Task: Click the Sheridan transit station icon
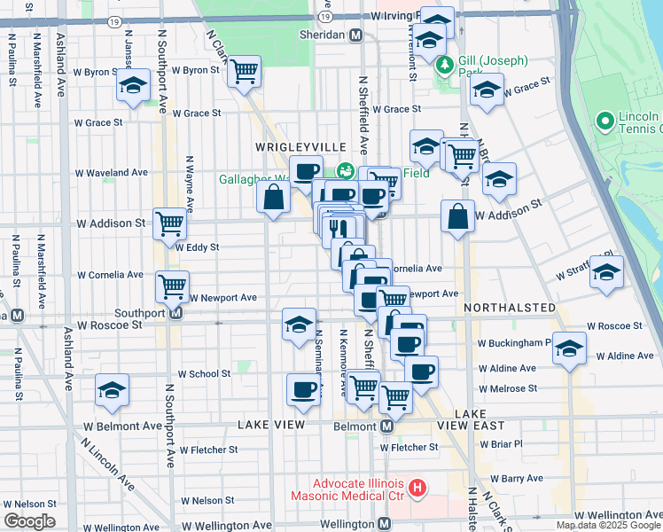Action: click(355, 35)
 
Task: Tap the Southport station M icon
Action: click(176, 313)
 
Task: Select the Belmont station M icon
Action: click(387, 426)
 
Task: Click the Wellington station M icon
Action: click(384, 524)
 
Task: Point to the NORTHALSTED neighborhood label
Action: click(510, 308)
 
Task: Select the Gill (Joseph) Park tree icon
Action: click(445, 64)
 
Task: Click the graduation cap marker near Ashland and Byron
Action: click(133, 85)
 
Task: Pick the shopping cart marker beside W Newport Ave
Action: click(172, 285)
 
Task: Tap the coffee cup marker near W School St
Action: click(304, 388)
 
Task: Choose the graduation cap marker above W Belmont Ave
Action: click(112, 390)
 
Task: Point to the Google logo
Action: click(29, 521)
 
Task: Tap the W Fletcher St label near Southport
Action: click(209, 450)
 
